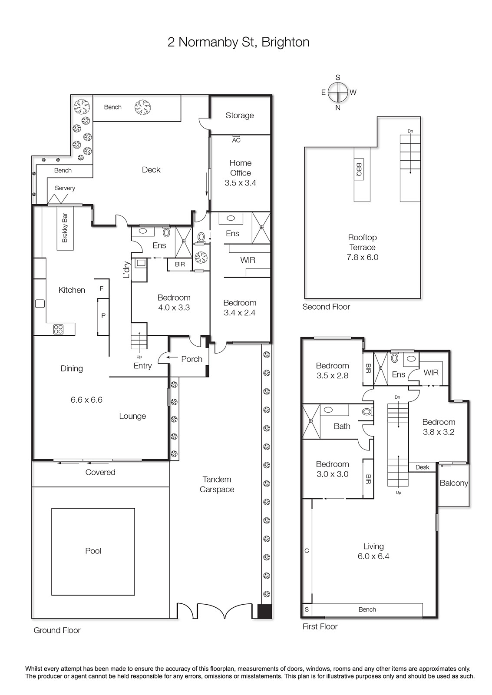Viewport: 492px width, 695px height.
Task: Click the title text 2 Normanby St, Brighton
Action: click(238, 42)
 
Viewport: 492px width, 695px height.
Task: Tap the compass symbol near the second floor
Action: click(338, 93)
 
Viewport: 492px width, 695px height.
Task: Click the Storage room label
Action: click(239, 116)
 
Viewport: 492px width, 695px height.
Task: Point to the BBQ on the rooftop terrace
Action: click(359, 170)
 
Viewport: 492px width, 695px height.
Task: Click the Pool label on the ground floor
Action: click(93, 551)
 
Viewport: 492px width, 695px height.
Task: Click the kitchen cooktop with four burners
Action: click(58, 329)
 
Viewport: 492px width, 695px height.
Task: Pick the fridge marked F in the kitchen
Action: click(102, 288)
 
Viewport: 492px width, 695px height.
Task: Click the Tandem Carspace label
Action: click(217, 484)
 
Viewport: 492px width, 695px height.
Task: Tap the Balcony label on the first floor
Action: click(454, 483)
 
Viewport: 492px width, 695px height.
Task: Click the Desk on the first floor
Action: click(422, 467)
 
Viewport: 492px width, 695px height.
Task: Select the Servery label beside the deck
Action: click(65, 188)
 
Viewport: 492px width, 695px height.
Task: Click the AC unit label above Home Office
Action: click(236, 140)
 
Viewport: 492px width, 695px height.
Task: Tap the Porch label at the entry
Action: click(192, 359)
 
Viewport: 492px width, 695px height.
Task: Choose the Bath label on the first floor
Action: click(342, 426)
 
